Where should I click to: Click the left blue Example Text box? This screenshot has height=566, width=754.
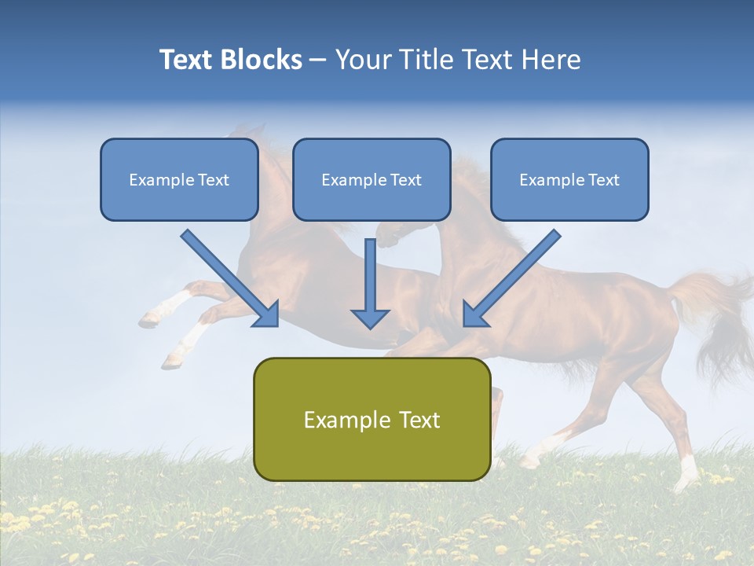point(179,179)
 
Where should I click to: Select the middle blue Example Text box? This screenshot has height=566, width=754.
point(372,179)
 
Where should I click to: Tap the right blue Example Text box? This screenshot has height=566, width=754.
point(569,179)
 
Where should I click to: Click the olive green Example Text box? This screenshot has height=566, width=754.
point(372,419)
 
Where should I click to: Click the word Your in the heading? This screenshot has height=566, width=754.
point(362,60)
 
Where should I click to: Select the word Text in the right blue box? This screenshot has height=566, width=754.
point(603,180)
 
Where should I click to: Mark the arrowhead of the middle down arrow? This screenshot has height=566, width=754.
point(370,318)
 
